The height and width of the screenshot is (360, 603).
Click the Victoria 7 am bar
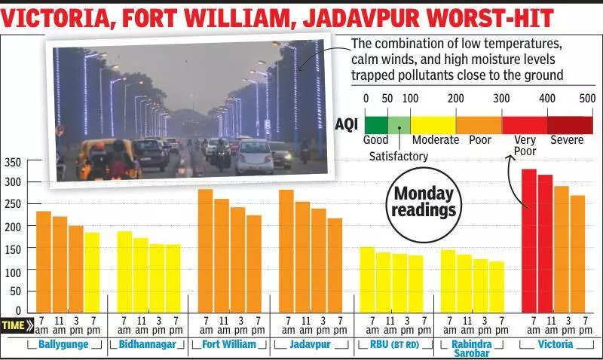click(x=529, y=241)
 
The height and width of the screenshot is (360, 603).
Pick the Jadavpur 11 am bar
click(x=302, y=257)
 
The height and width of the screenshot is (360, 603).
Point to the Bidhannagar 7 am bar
click(x=124, y=272)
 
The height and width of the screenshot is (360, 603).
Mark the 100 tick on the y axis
click(x=13, y=270)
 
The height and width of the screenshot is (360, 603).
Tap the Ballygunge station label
click(x=64, y=345)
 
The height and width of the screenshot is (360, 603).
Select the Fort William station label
click(x=229, y=345)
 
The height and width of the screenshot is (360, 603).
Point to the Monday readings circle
click(x=424, y=203)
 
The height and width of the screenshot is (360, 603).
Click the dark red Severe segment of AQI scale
click(x=570, y=124)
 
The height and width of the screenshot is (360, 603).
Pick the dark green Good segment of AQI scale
click(x=376, y=124)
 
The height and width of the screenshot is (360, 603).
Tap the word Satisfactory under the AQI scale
click(x=398, y=157)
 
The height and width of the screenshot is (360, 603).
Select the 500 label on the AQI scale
click(x=587, y=98)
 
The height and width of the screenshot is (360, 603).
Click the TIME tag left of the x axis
click(x=17, y=325)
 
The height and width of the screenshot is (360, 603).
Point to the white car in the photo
click(x=254, y=156)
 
